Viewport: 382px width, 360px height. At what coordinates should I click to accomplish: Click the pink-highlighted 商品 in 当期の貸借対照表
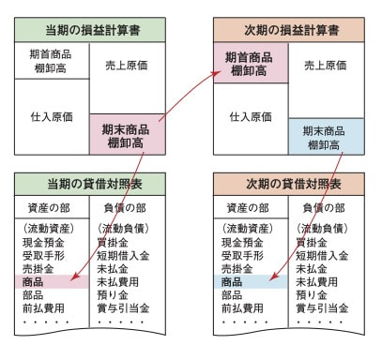pos(38,281)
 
